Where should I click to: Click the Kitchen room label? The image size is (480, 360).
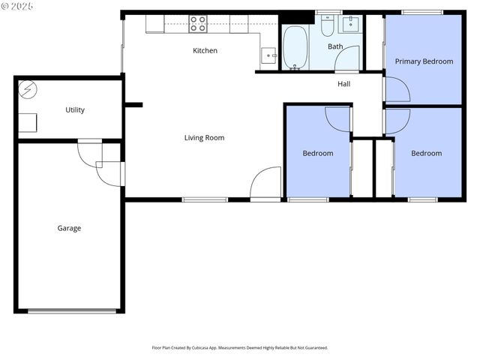click(x=205, y=51)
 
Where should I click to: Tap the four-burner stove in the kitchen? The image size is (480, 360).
click(x=198, y=25)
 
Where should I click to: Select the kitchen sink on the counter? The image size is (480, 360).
click(x=269, y=55)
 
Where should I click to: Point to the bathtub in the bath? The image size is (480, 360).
click(x=295, y=48)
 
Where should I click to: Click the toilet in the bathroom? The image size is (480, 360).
click(x=327, y=26)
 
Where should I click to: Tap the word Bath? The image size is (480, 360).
click(x=335, y=46)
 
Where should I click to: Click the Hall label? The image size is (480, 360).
click(x=343, y=84)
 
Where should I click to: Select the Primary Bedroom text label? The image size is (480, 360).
click(x=424, y=61)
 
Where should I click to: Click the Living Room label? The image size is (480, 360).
click(x=204, y=138)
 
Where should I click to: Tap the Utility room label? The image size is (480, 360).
click(x=75, y=110)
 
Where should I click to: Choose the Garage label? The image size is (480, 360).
click(x=69, y=229)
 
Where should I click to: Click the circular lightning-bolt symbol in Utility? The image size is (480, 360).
click(x=28, y=89)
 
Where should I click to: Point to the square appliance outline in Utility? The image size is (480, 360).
click(x=28, y=123)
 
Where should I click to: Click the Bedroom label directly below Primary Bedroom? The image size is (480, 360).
click(x=426, y=154)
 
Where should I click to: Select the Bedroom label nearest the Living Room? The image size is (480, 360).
click(x=317, y=154)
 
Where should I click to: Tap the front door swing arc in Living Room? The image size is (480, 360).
click(x=265, y=182)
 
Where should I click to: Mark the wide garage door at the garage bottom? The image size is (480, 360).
click(x=72, y=310)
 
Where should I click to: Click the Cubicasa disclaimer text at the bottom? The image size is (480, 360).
click(x=240, y=348)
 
